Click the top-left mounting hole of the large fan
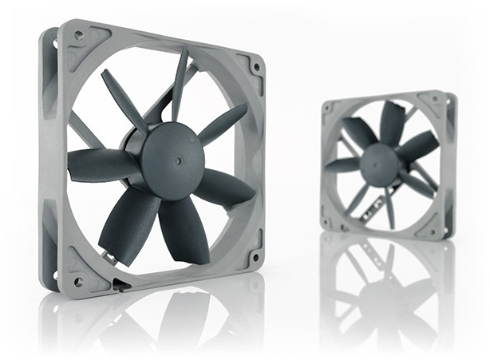[x=78, y=36]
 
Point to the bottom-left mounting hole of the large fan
[x=78, y=281]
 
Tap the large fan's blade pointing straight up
[x=180, y=84]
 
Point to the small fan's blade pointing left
[x=343, y=164]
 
